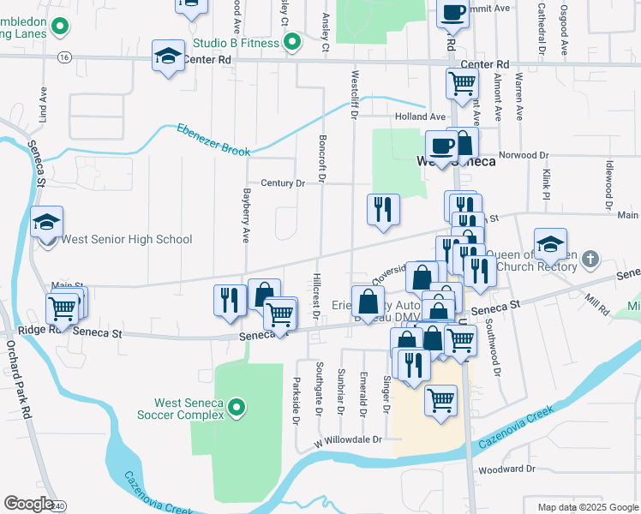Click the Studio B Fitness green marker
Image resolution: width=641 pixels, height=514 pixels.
pyautogui.click(x=292, y=42)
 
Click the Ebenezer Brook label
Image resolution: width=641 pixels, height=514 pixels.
pyautogui.click(x=213, y=140)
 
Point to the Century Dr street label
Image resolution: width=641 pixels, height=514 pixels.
pyautogui.click(x=283, y=183)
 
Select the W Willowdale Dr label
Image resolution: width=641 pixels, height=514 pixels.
pyautogui.click(x=347, y=440)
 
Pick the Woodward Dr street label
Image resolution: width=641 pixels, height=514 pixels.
pyautogui.click(x=506, y=469)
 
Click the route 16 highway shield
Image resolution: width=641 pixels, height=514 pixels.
pyautogui.click(x=65, y=57)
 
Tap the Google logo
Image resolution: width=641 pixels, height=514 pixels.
pyautogui.click(x=28, y=503)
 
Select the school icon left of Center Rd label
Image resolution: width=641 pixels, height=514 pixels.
pyautogui.click(x=167, y=57)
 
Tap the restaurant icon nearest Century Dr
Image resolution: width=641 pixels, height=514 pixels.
pyautogui.click(x=382, y=210)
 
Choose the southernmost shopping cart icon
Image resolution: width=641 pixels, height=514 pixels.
pyautogui.click(x=440, y=400)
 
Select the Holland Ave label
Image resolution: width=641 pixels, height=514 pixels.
pyautogui.click(x=420, y=117)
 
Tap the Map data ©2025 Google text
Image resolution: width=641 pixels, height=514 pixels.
pyautogui.click(x=587, y=507)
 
